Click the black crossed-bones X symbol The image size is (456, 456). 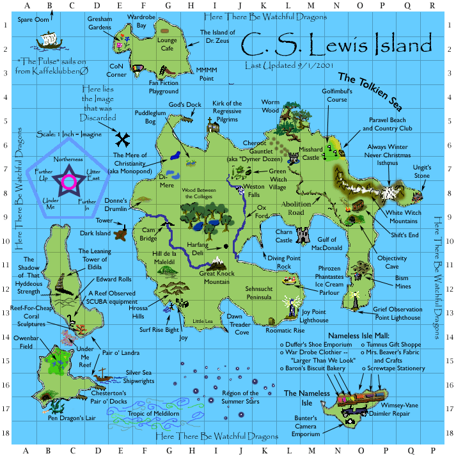pos(125,138)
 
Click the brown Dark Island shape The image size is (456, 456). pos(120,233)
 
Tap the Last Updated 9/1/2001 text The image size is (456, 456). pos(279,65)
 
